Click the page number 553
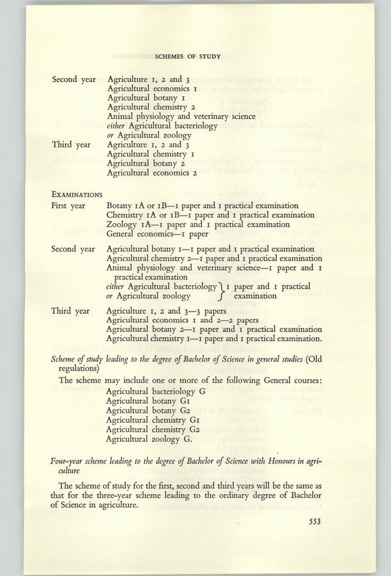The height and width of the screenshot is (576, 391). click(x=312, y=522)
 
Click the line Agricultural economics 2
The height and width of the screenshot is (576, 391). click(x=152, y=173)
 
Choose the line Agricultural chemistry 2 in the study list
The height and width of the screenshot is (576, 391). click(x=151, y=108)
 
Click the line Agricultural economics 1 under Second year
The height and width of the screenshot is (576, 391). click(x=152, y=89)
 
